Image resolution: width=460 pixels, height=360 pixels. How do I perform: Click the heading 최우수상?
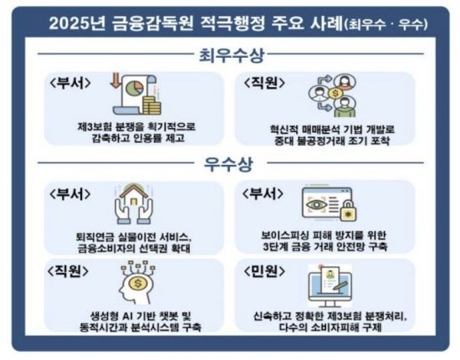point(231,57)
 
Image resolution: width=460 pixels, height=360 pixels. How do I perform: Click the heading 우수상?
point(231,164)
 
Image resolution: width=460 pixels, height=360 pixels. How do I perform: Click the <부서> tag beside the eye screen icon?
point(267,194)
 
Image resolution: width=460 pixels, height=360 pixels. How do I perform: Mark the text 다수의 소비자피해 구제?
point(330,332)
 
